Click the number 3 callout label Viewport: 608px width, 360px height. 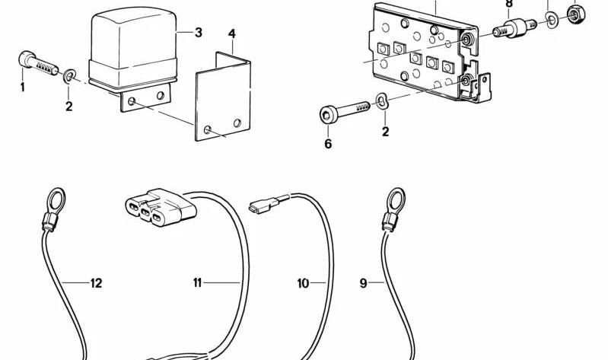click(198, 32)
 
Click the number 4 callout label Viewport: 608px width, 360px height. click(231, 34)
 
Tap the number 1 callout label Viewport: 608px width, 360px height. click(22, 88)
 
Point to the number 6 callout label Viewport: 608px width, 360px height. click(328, 143)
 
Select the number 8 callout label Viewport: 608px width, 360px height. click(508, 4)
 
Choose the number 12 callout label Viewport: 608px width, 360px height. click(96, 284)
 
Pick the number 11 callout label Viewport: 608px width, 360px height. click(197, 284)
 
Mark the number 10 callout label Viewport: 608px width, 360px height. click(303, 284)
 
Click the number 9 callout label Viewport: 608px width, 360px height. click(363, 284)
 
